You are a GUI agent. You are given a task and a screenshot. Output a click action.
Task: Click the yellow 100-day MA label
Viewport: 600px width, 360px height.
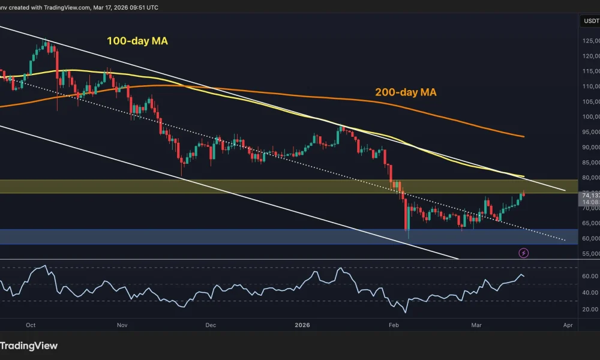coord(137,41)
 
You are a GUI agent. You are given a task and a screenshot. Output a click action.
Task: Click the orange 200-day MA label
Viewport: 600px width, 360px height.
coord(406,92)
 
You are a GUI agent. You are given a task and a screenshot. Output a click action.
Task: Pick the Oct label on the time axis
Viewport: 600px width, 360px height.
coord(31,325)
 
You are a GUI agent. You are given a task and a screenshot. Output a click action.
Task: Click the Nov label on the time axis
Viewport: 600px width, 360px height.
coord(122,325)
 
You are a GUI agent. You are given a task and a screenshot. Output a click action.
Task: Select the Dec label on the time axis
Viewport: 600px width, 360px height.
coord(210,325)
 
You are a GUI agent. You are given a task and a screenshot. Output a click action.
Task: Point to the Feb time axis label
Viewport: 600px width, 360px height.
coord(394,325)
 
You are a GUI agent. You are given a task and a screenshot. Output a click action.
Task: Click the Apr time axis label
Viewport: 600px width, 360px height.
coord(568,325)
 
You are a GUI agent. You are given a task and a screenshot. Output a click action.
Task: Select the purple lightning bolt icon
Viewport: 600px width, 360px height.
coord(524,253)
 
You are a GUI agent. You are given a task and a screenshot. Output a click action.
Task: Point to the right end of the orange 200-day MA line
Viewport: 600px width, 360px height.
coord(524,136)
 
